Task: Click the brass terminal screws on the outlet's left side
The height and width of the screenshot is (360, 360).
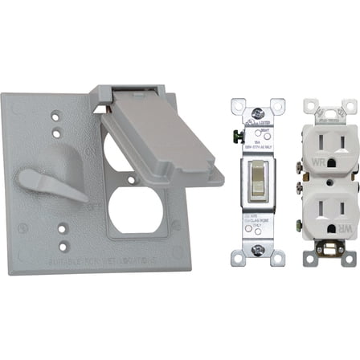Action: [x=293, y=168]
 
